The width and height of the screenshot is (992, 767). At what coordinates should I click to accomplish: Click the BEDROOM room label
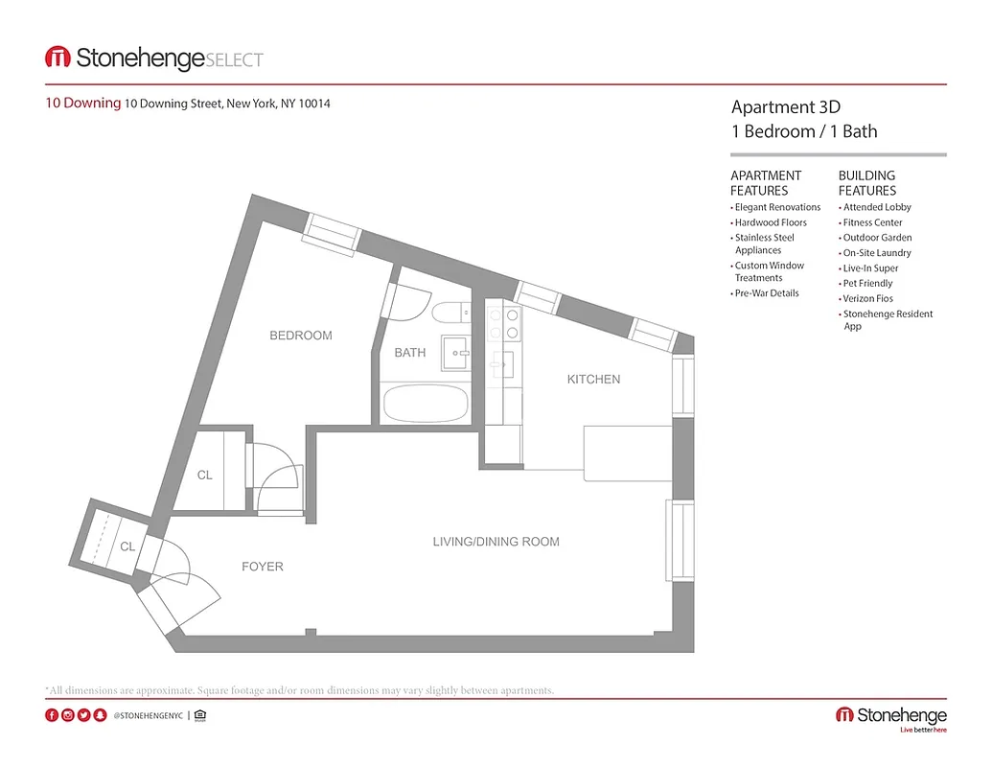point(300,336)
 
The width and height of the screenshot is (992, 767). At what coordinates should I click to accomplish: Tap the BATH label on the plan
point(409,353)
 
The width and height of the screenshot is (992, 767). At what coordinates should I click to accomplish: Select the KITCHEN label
point(593,380)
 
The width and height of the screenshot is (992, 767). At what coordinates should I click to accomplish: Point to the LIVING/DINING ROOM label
point(496,542)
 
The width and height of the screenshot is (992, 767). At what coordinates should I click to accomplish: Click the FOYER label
point(262,567)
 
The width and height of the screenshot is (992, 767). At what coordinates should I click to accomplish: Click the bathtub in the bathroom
point(426,403)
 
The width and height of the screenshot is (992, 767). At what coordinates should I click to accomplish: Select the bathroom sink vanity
point(454,352)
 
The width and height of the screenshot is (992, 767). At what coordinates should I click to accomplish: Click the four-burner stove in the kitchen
point(503,323)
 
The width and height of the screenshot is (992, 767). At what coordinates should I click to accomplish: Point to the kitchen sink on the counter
point(502,363)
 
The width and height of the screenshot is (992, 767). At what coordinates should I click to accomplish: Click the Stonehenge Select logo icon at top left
point(58,58)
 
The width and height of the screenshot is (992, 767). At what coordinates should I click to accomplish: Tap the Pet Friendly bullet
point(867,284)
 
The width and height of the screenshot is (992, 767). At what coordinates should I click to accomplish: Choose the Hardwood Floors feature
point(771,222)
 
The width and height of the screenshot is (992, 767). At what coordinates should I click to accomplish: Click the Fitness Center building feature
point(872,222)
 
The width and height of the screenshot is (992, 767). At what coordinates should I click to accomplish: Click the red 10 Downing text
point(83,104)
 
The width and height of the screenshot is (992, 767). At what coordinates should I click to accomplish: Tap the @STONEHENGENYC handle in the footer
point(148,715)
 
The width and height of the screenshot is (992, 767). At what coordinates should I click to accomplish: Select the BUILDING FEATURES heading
point(866,182)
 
